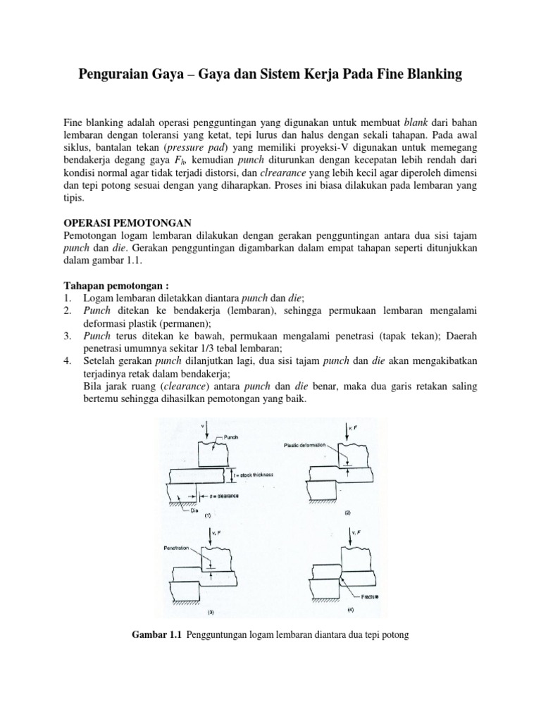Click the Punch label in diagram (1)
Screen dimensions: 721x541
click(230, 437)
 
